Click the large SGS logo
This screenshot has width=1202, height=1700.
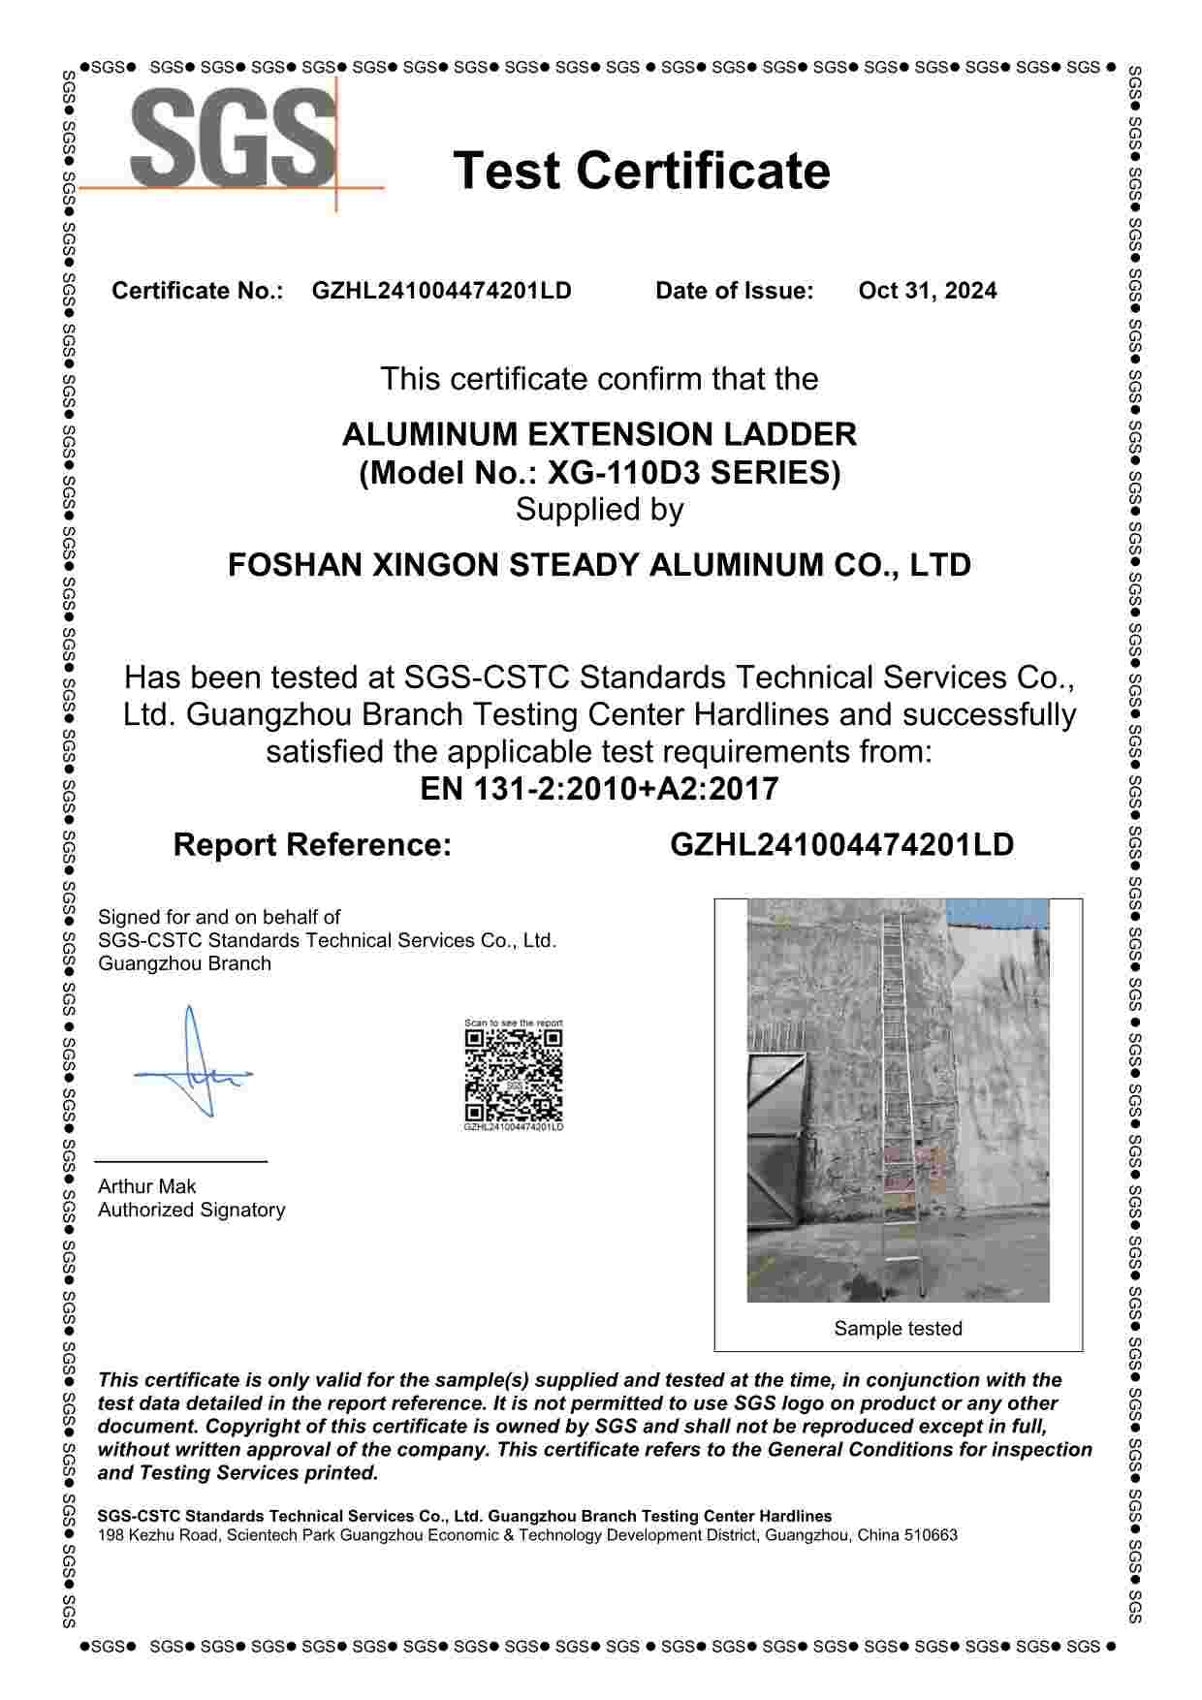tap(233, 138)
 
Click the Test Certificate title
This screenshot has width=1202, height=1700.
tap(642, 171)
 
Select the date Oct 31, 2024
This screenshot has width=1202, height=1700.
tap(927, 291)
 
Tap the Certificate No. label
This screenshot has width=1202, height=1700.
tap(197, 291)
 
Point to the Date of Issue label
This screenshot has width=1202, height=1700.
tap(734, 291)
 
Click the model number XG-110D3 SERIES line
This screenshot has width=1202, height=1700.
tap(599, 473)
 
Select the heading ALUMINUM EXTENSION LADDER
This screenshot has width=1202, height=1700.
tap(599, 433)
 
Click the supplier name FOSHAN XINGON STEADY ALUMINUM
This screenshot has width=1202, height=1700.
tap(599, 565)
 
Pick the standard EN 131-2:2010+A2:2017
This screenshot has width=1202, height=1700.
tap(599, 789)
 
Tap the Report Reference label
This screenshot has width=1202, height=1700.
tap(312, 845)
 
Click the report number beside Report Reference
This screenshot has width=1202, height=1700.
tap(841, 845)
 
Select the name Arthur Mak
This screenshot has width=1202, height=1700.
tap(146, 1186)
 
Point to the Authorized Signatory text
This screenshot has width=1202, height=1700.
tap(191, 1210)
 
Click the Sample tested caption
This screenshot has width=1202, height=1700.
tap(898, 1329)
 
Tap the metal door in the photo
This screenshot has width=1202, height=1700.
tap(775, 1144)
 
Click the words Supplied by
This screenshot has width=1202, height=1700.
tap(599, 510)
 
